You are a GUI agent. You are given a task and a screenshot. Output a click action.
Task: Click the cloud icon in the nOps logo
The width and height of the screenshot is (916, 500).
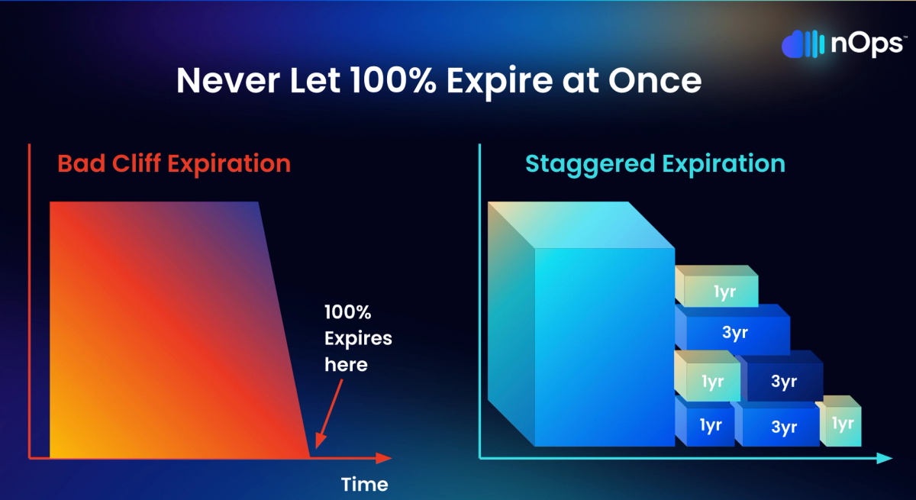click(x=802, y=44)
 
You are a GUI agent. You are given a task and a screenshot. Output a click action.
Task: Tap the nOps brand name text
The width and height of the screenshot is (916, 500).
click(x=867, y=44)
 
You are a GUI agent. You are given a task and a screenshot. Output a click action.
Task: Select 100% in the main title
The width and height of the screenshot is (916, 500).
click(x=392, y=80)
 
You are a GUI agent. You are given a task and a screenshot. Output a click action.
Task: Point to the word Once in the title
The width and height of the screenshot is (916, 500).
click(x=655, y=80)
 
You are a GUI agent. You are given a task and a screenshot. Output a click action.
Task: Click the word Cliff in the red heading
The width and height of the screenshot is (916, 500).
click(x=136, y=163)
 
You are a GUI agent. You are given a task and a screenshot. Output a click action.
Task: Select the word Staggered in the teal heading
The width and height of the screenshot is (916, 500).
click(x=590, y=164)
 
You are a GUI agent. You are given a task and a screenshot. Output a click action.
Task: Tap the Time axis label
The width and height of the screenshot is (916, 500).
click(x=364, y=485)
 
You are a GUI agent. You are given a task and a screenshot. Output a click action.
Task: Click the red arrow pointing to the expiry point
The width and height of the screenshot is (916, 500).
click(x=329, y=414)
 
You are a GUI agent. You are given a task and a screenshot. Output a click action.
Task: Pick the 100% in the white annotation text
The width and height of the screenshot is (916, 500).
click(x=347, y=312)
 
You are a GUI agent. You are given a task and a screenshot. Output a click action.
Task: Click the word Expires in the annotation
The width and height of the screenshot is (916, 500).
click(x=358, y=339)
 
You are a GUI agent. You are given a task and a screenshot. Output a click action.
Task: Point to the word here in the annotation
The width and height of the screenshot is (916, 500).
click(x=346, y=365)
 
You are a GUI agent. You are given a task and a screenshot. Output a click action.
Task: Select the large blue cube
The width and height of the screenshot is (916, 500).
click(x=581, y=324)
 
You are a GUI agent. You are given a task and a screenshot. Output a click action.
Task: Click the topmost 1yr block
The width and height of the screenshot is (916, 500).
click(x=717, y=286)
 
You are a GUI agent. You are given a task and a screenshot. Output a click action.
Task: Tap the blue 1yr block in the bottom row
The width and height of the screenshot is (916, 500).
click(x=705, y=422)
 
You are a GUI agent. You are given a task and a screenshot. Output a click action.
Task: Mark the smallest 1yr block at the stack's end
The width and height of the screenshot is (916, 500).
click(x=839, y=421)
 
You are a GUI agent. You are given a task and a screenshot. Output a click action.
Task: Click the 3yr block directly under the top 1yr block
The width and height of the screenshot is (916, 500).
click(x=732, y=330)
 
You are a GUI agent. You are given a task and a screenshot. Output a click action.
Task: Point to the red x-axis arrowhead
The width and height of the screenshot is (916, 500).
click(x=383, y=458)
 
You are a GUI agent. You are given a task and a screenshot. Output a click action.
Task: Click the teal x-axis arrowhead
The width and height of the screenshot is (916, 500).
click(x=884, y=458)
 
